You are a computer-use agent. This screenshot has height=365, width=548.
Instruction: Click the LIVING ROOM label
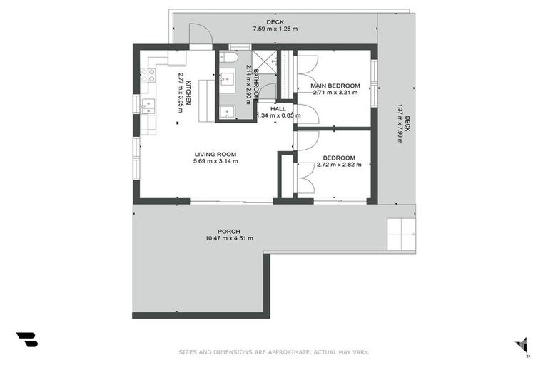pyautogui.click(x=215, y=154)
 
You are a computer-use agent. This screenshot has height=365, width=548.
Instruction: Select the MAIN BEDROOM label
pyautogui.click(x=335, y=86)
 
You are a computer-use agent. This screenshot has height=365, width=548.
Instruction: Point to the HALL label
pyautogui.click(x=278, y=108)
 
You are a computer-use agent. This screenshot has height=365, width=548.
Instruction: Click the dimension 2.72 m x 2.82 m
pyautogui.click(x=338, y=165)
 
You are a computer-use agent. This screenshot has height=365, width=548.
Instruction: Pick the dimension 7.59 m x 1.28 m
pyautogui.click(x=275, y=29)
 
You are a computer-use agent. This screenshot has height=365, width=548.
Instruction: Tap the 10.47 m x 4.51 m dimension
pyautogui.click(x=229, y=238)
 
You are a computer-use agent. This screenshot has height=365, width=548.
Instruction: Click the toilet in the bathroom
pyautogui.click(x=225, y=56)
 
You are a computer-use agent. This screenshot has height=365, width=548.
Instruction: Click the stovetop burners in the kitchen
pyautogui.click(x=148, y=74)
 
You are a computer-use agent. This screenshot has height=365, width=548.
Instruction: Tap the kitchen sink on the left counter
pyautogui.click(x=149, y=107)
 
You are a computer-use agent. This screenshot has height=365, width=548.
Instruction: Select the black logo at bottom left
pyautogui.click(x=26, y=339)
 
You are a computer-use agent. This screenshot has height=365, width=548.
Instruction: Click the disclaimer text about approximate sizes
pyautogui.click(x=273, y=351)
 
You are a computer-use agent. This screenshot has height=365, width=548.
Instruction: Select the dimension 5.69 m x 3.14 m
pyautogui.click(x=215, y=161)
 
